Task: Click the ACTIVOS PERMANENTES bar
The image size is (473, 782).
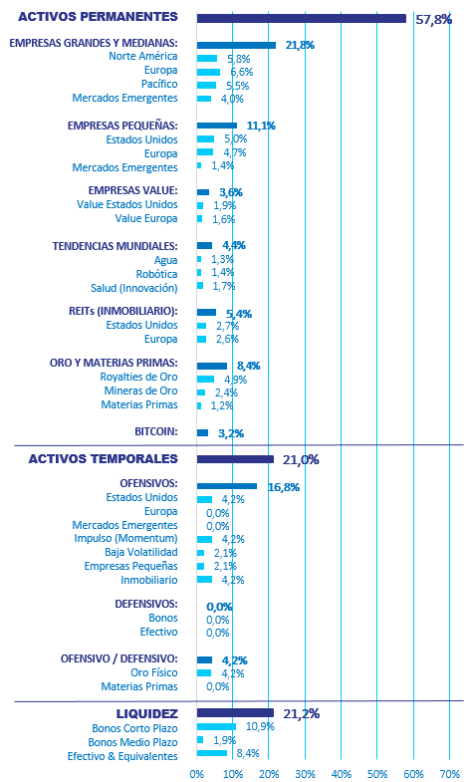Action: pyautogui.click(x=302, y=19)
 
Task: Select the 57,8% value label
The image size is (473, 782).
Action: pyautogui.click(x=433, y=20)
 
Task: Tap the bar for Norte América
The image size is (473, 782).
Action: pyautogui.click(x=207, y=59)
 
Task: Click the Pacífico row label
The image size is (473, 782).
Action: pyautogui.click(x=159, y=84)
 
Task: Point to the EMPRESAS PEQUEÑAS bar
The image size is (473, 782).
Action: pyautogui.click(x=217, y=126)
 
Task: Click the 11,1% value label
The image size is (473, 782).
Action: pyautogui.click(x=261, y=126)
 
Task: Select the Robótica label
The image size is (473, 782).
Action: pyautogui.click(x=157, y=274)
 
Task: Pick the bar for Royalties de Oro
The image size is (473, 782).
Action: pyautogui.click(x=205, y=379)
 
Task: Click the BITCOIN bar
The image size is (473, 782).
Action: pyautogui.click(x=202, y=433)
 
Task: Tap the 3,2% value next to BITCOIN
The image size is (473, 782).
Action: pyautogui.click(x=231, y=433)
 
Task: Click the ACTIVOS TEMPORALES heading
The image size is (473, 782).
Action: pyautogui.click(x=104, y=459)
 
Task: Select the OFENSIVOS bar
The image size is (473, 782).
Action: pyautogui.click(x=227, y=486)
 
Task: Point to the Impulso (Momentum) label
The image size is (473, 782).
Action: pyautogui.click(x=126, y=539)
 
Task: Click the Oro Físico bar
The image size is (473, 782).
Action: pyautogui.click(x=204, y=673)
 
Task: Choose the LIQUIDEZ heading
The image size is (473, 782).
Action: pyautogui.click(x=147, y=713)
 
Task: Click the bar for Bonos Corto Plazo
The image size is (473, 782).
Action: pyautogui.click(x=216, y=726)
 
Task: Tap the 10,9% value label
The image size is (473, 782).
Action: pyautogui.click(x=260, y=726)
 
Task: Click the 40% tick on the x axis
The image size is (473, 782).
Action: pyautogui.click(x=342, y=774)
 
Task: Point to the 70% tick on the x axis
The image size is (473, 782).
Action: pyautogui.click(x=449, y=774)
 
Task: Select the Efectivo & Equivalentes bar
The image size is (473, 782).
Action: pyautogui.click(x=212, y=753)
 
